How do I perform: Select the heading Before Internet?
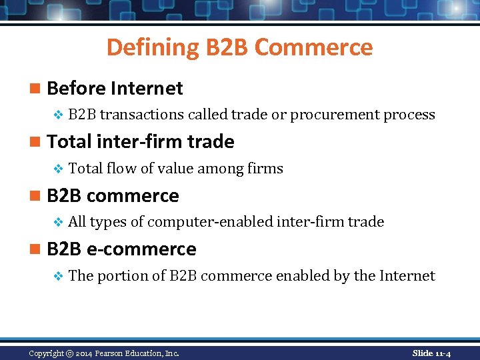pos(115,88)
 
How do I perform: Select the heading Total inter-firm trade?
pos(141,141)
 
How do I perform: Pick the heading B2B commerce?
pos(113,195)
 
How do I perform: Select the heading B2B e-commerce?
pos(121,249)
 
